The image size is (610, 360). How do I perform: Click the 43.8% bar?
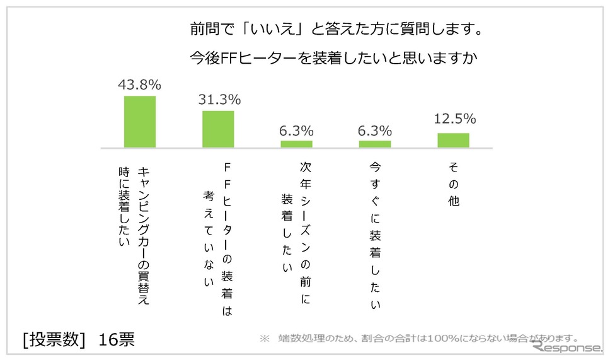coord(139,121)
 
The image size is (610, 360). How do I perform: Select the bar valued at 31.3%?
coord(218,129)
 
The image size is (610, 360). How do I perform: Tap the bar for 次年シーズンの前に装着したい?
coord(296,144)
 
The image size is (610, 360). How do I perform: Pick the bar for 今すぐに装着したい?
coord(375,144)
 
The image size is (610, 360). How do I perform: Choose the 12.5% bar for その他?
coord(453,140)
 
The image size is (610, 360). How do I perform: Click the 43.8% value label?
coord(139,84)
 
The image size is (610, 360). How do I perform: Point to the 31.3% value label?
coord(219,100)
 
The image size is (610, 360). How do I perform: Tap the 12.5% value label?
coord(454,119)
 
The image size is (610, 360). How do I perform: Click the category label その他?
coord(453,183)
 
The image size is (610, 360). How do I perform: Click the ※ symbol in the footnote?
coord(264,339)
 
